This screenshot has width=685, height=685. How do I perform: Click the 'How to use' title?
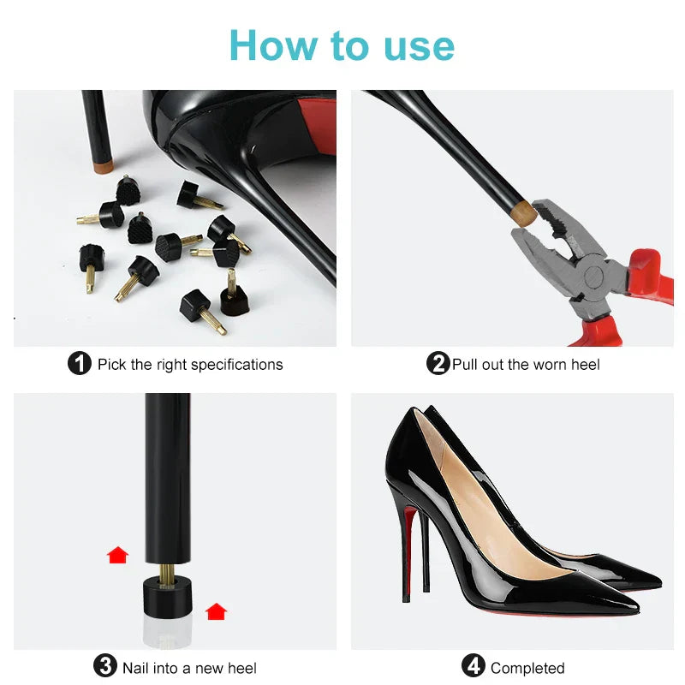(342, 45)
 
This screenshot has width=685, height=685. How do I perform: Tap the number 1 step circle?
(79, 364)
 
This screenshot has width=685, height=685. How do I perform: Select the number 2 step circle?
(438, 364)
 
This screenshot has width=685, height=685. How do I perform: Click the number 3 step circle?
(104, 666)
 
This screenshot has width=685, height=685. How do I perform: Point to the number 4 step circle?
(474, 666)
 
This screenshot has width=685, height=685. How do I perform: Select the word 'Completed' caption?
(527, 668)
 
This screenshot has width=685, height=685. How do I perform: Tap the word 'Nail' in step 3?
(137, 668)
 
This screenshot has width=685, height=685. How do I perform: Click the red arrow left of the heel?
(117, 555)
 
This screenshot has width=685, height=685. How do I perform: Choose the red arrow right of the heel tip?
(217, 611)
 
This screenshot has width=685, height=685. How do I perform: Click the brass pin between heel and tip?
(167, 568)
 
